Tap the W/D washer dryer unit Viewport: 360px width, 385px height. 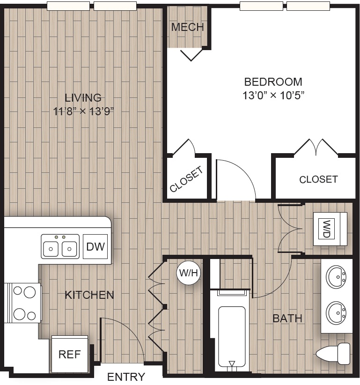coord(331,229)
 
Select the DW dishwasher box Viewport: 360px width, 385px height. coord(96,246)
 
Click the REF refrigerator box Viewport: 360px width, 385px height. coord(69,354)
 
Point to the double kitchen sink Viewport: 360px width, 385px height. coord(60,246)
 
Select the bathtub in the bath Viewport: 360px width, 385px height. coord(232,336)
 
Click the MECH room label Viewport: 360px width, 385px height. coord(187,27)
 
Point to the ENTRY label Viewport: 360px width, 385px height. coord(126,377)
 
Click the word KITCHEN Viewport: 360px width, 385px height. coord(89,295)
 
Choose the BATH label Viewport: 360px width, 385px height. coord(287,318)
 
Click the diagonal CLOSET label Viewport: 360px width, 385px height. coord(187,179)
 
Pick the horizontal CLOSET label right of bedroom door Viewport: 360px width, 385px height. coord(318,179)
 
